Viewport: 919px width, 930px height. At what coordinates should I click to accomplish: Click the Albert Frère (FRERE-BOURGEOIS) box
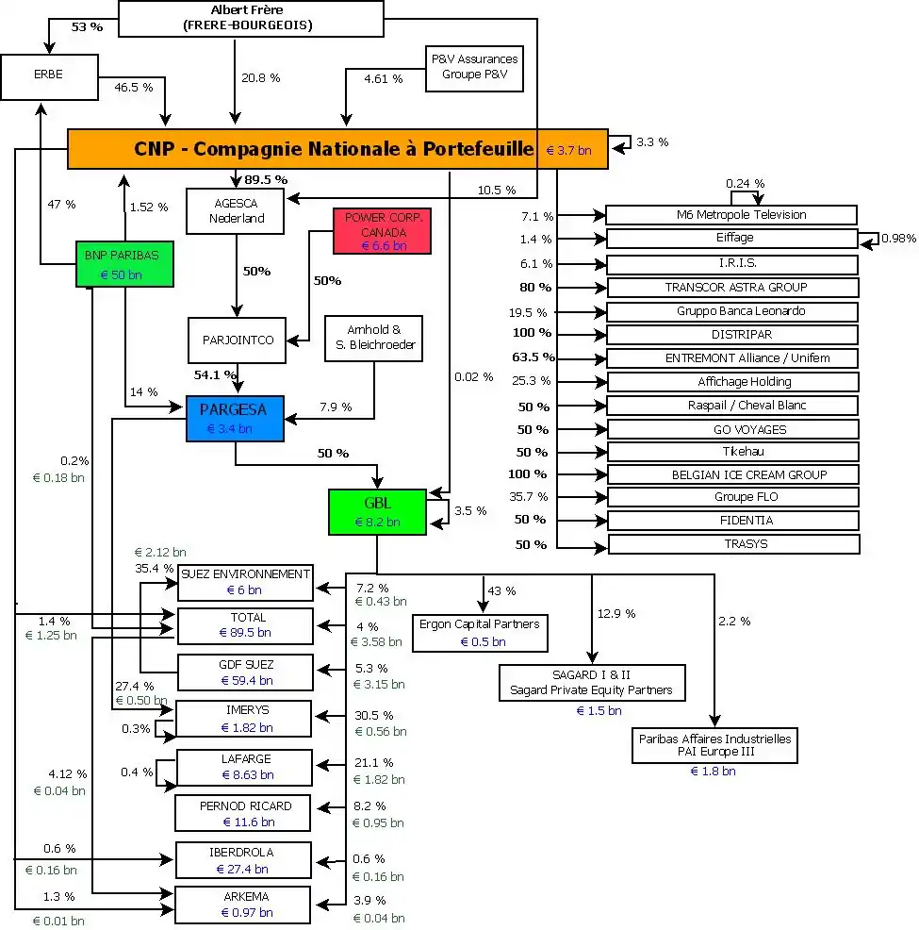[252, 18]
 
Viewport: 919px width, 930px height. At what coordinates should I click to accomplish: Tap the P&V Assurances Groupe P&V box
[474, 67]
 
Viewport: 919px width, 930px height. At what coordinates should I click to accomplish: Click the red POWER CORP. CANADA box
[382, 231]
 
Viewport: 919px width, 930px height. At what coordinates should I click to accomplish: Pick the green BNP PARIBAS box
[124, 263]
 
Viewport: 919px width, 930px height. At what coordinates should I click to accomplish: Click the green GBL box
[376, 511]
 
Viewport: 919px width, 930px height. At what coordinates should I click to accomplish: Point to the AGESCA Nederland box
[237, 210]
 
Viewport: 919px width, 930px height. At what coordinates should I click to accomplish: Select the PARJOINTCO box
[236, 340]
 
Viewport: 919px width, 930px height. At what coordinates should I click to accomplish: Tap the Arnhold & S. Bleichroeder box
[373, 338]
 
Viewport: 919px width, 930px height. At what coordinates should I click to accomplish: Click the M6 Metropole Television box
[730, 215]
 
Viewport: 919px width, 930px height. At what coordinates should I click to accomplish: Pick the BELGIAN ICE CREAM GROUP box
[732, 474]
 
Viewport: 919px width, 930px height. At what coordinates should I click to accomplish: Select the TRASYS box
[733, 544]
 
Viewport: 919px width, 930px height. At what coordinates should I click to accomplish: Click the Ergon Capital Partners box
[481, 632]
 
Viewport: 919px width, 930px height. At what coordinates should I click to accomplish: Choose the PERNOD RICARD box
[244, 813]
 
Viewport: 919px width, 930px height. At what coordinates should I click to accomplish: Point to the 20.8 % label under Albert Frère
[260, 78]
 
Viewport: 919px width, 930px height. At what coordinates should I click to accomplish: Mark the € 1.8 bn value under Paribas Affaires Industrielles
[713, 772]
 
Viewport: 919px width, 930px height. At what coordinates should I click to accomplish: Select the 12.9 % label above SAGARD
[615, 614]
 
